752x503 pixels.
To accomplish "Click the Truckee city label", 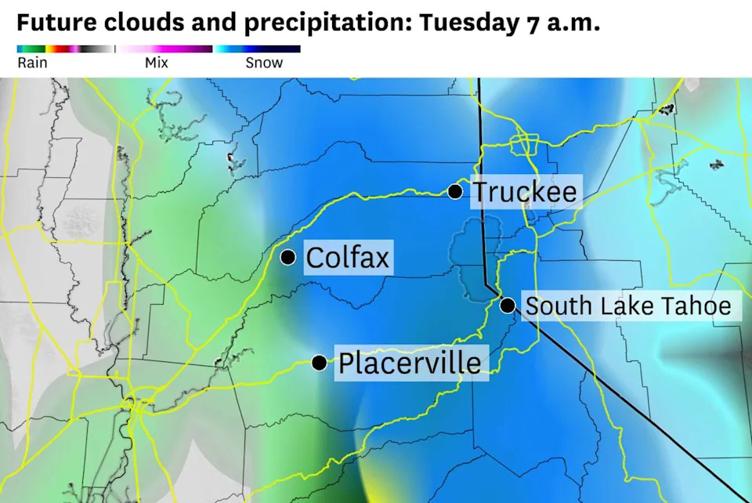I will coord(525,192).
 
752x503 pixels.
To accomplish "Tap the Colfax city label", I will coord(347,257).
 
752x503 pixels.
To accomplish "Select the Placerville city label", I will coord(410,364).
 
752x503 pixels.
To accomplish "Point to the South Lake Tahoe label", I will coord(628,306).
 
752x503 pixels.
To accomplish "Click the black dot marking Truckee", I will coord(455,191).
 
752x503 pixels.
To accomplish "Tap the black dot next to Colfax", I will coord(288,257).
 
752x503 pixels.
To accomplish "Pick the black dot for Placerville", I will coord(320,363).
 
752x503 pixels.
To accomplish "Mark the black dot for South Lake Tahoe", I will coord(508,305).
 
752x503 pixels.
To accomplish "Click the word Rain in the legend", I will coord(32,63).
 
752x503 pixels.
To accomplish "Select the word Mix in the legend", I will coord(157,63).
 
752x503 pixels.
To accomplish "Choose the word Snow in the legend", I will coord(264,63).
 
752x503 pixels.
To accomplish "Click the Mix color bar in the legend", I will coord(165,49).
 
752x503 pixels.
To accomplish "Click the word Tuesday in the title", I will coord(465,23).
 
